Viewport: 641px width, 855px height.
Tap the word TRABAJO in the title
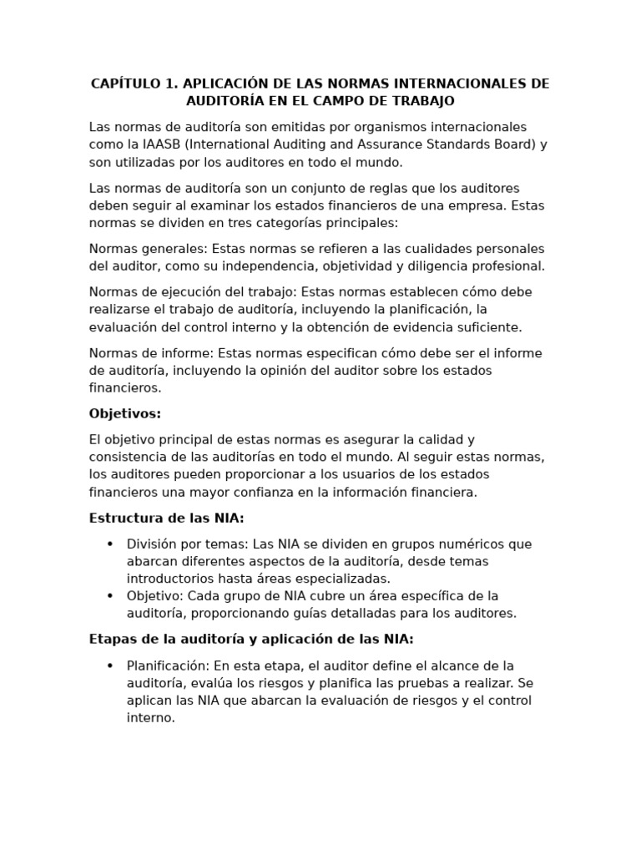coord(420,101)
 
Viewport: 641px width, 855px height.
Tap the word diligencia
coord(424,266)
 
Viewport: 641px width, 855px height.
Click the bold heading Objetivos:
coord(125,414)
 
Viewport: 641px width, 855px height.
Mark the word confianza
coord(264,493)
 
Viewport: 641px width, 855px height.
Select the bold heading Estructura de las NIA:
coord(167,519)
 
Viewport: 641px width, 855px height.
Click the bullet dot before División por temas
coord(110,544)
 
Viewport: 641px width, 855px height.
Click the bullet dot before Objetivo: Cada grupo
coord(110,596)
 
